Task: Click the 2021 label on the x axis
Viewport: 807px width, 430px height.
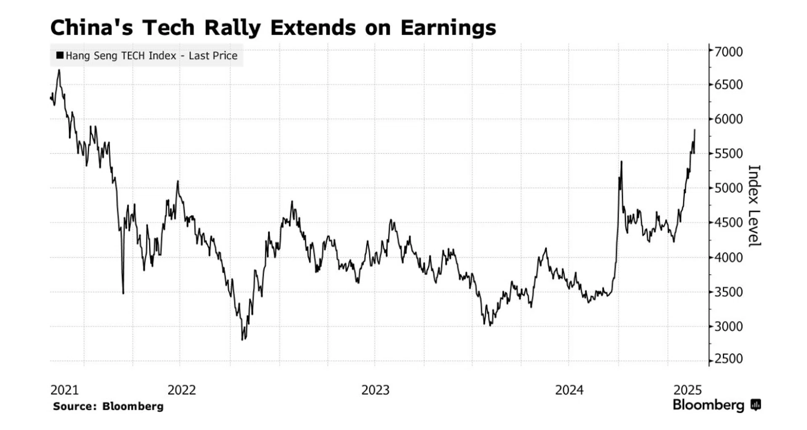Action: click(64, 390)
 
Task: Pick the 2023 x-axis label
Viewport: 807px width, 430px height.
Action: click(375, 390)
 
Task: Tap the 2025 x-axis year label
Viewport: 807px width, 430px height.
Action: click(688, 390)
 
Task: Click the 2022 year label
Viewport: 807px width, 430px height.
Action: click(182, 390)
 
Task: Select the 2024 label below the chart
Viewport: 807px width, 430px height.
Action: click(569, 390)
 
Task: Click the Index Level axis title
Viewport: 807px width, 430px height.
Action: click(754, 206)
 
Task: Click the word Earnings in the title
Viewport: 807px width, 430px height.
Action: click(448, 28)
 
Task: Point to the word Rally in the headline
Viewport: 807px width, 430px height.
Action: click(232, 28)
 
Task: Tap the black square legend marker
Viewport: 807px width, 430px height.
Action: click(60, 55)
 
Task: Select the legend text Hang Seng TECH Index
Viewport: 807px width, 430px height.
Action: click(121, 55)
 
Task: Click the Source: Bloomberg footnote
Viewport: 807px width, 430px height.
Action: click(108, 406)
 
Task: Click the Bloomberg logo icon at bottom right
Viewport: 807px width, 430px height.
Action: click(756, 405)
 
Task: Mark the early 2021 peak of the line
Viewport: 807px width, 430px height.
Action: click(59, 70)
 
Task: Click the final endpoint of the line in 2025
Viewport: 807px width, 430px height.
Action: click(694, 130)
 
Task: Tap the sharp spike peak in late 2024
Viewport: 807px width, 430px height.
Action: click(621, 161)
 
